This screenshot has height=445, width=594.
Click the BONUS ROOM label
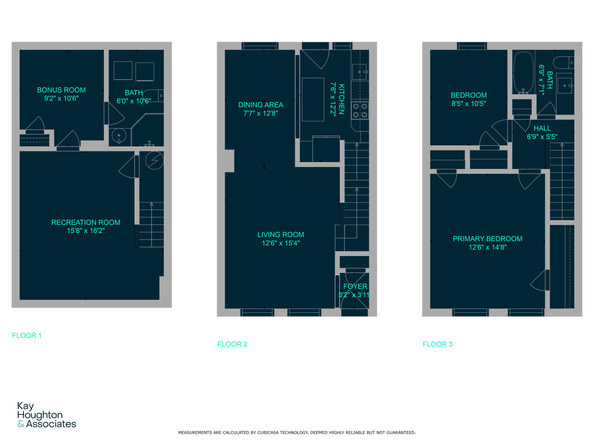(x=61, y=90)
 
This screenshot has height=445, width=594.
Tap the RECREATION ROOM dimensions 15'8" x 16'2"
(x=86, y=231)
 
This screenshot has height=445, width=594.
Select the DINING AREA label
(x=261, y=105)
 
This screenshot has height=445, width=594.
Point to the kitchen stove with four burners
(x=360, y=111)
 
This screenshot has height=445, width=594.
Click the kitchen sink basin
(x=359, y=72)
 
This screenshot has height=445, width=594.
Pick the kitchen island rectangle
(x=313, y=99)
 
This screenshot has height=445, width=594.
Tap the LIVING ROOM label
(x=281, y=235)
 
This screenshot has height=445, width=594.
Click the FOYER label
(x=355, y=286)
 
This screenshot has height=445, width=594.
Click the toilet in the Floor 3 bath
(x=563, y=63)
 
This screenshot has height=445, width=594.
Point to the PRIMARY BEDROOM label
(x=487, y=239)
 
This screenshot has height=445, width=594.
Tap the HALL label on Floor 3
(x=542, y=128)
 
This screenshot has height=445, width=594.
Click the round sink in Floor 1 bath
(x=119, y=135)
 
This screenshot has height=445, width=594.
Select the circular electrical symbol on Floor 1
(x=154, y=160)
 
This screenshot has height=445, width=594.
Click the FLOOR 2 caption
(x=232, y=344)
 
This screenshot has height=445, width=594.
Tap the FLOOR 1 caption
(x=27, y=335)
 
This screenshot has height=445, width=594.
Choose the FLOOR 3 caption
(x=437, y=344)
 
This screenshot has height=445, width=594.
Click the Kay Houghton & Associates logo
(x=46, y=415)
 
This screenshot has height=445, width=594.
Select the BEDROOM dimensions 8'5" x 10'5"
(x=469, y=104)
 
